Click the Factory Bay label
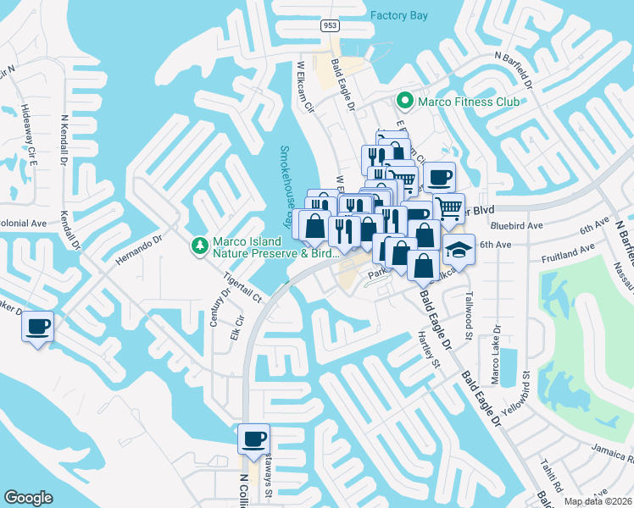tap(399, 15)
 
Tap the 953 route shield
tap(331, 26)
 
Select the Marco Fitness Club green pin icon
tap(404, 102)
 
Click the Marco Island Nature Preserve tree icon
tap(200, 245)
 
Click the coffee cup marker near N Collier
tap(253, 439)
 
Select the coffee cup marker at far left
tap(37, 327)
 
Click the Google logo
tap(28, 498)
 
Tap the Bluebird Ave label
tap(515, 226)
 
